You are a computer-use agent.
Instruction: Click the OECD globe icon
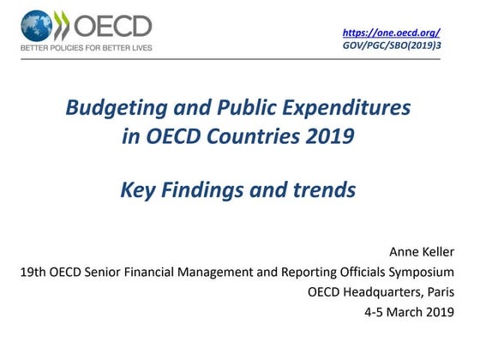point(36,25)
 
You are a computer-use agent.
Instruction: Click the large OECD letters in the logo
point(112,25)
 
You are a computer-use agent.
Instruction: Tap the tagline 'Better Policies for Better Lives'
point(87,48)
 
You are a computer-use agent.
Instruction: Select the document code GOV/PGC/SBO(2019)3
point(391,45)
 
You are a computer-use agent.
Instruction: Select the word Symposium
point(434,273)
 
